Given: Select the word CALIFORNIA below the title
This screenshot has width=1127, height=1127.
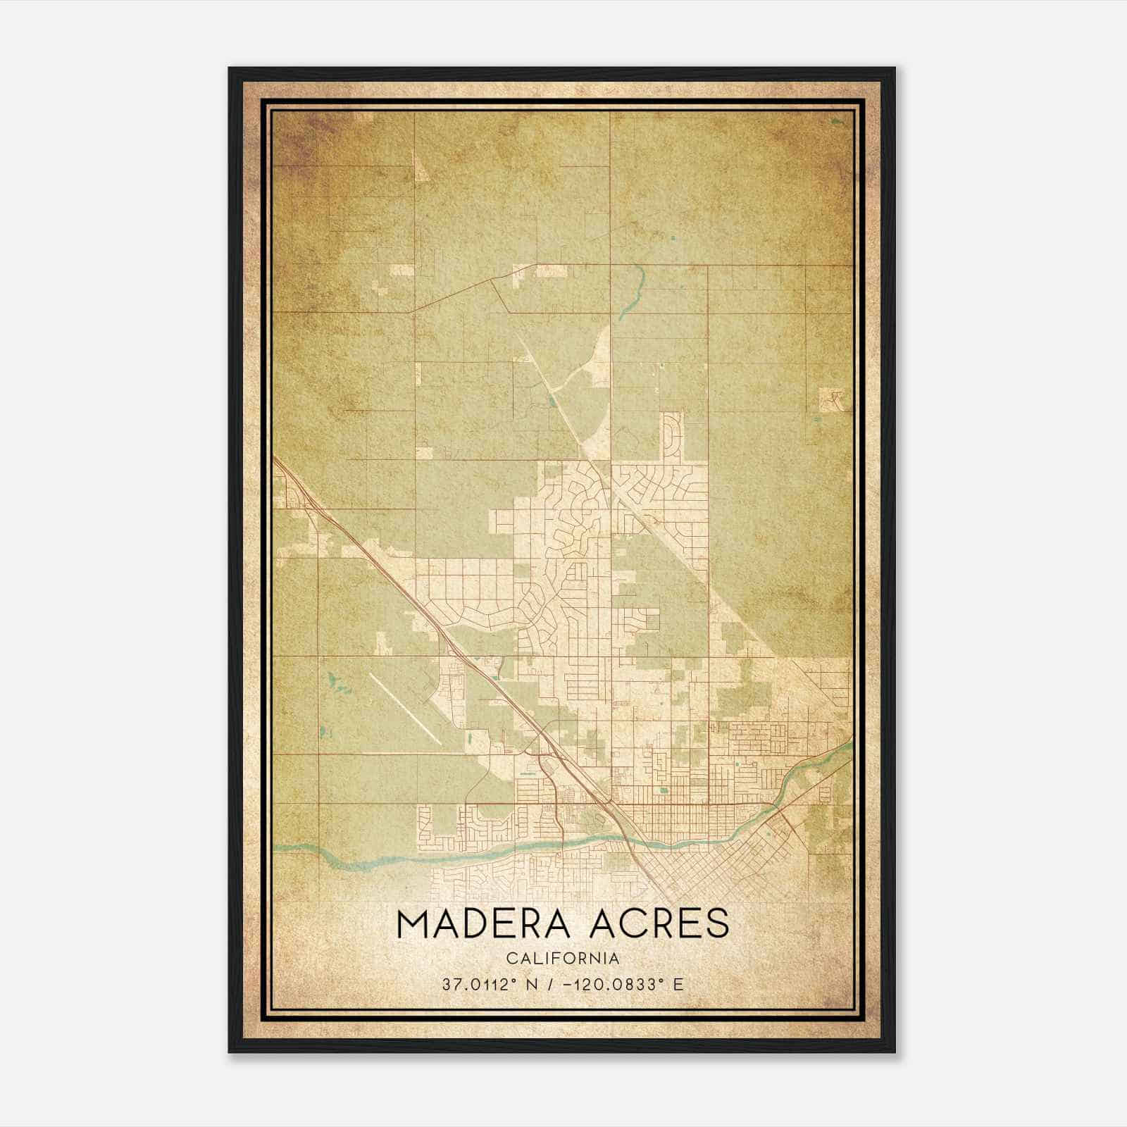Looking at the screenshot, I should tap(562, 959).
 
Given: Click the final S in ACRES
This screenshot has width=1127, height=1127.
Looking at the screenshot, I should tap(718, 924).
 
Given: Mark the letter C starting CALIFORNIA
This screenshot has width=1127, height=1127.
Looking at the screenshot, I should tap(511, 959).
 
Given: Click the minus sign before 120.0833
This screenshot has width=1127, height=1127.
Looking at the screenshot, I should tap(568, 985).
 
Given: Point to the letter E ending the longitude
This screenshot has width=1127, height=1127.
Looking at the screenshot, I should tap(678, 985).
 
